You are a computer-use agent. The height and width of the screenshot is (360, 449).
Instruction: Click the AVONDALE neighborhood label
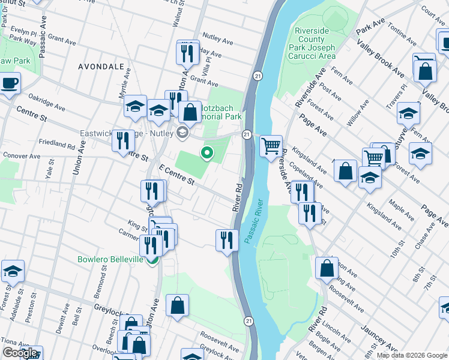point(101,67)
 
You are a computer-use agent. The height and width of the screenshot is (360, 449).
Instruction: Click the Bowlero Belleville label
point(110,259)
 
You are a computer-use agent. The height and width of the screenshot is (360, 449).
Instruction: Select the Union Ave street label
point(79,157)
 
